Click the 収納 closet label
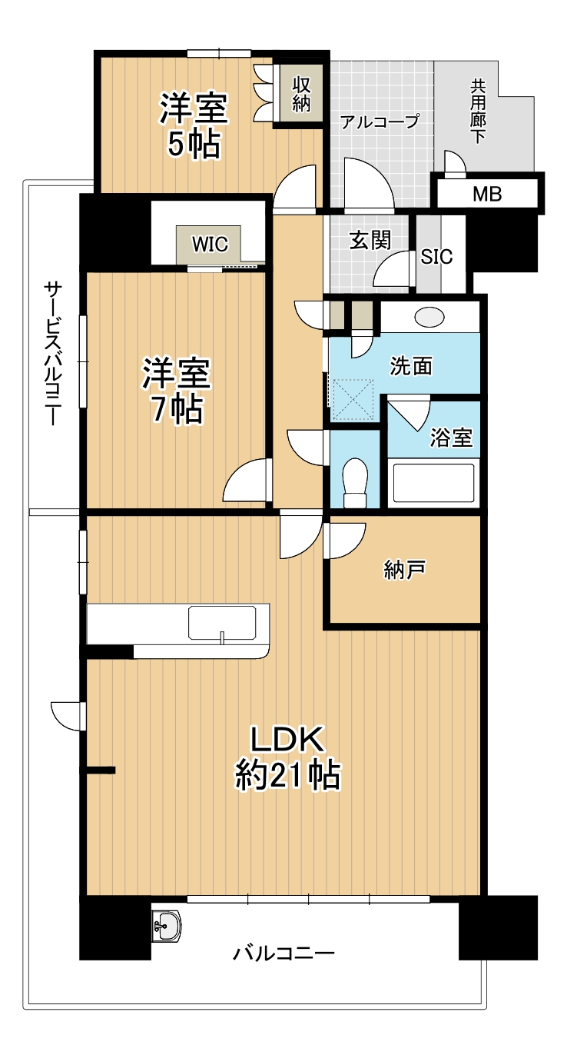tap(300, 93)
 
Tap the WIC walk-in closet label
tap(210, 245)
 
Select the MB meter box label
tap(487, 194)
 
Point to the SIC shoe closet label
tap(437, 257)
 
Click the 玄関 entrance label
tap(370, 240)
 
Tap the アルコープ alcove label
tap(380, 121)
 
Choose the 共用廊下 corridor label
tap(478, 112)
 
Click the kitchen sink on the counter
tap(222, 624)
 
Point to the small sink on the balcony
tap(166, 926)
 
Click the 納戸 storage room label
tap(405, 569)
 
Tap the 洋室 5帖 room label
tap(194, 125)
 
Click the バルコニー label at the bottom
tap(284, 954)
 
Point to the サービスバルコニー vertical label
tap(52, 354)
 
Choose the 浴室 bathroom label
tap(451, 438)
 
